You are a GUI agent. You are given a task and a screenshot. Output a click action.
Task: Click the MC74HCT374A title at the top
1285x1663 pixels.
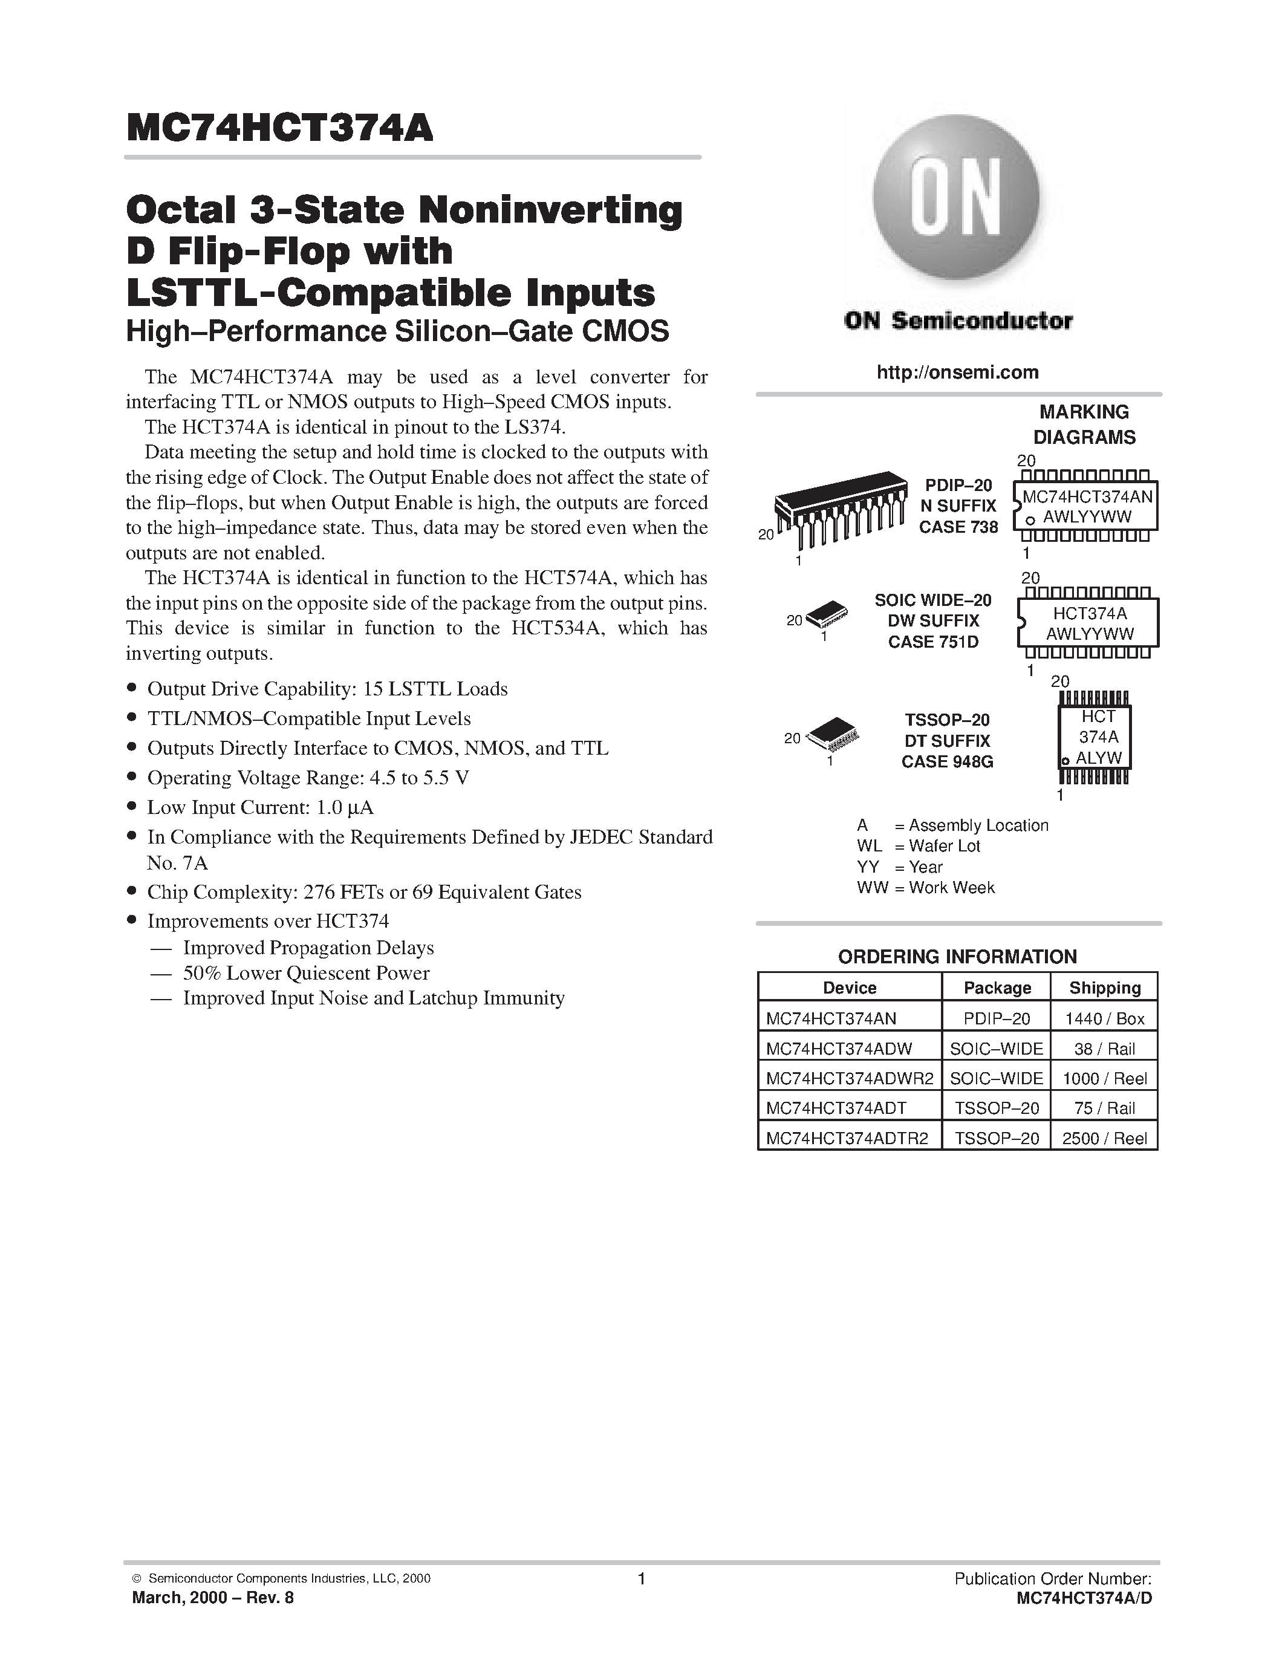tap(279, 128)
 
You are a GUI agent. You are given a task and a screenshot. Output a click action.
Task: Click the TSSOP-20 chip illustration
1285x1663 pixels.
tap(832, 732)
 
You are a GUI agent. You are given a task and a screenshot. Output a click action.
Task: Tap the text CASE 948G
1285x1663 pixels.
tap(947, 761)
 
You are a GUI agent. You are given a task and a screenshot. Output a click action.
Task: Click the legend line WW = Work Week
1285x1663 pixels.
tap(926, 888)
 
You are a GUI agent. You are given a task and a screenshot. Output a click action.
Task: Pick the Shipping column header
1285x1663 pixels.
tap(1105, 988)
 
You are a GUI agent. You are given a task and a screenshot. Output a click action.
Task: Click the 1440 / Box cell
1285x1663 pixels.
tap(1105, 1018)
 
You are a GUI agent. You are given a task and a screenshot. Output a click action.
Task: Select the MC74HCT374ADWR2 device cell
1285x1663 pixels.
tap(849, 1078)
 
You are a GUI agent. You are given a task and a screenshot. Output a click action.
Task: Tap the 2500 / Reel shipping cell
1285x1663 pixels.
tap(1105, 1138)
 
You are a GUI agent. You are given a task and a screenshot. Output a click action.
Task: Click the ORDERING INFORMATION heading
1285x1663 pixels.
tap(957, 957)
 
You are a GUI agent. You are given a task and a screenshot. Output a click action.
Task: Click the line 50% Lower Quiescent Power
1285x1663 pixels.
tap(306, 973)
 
